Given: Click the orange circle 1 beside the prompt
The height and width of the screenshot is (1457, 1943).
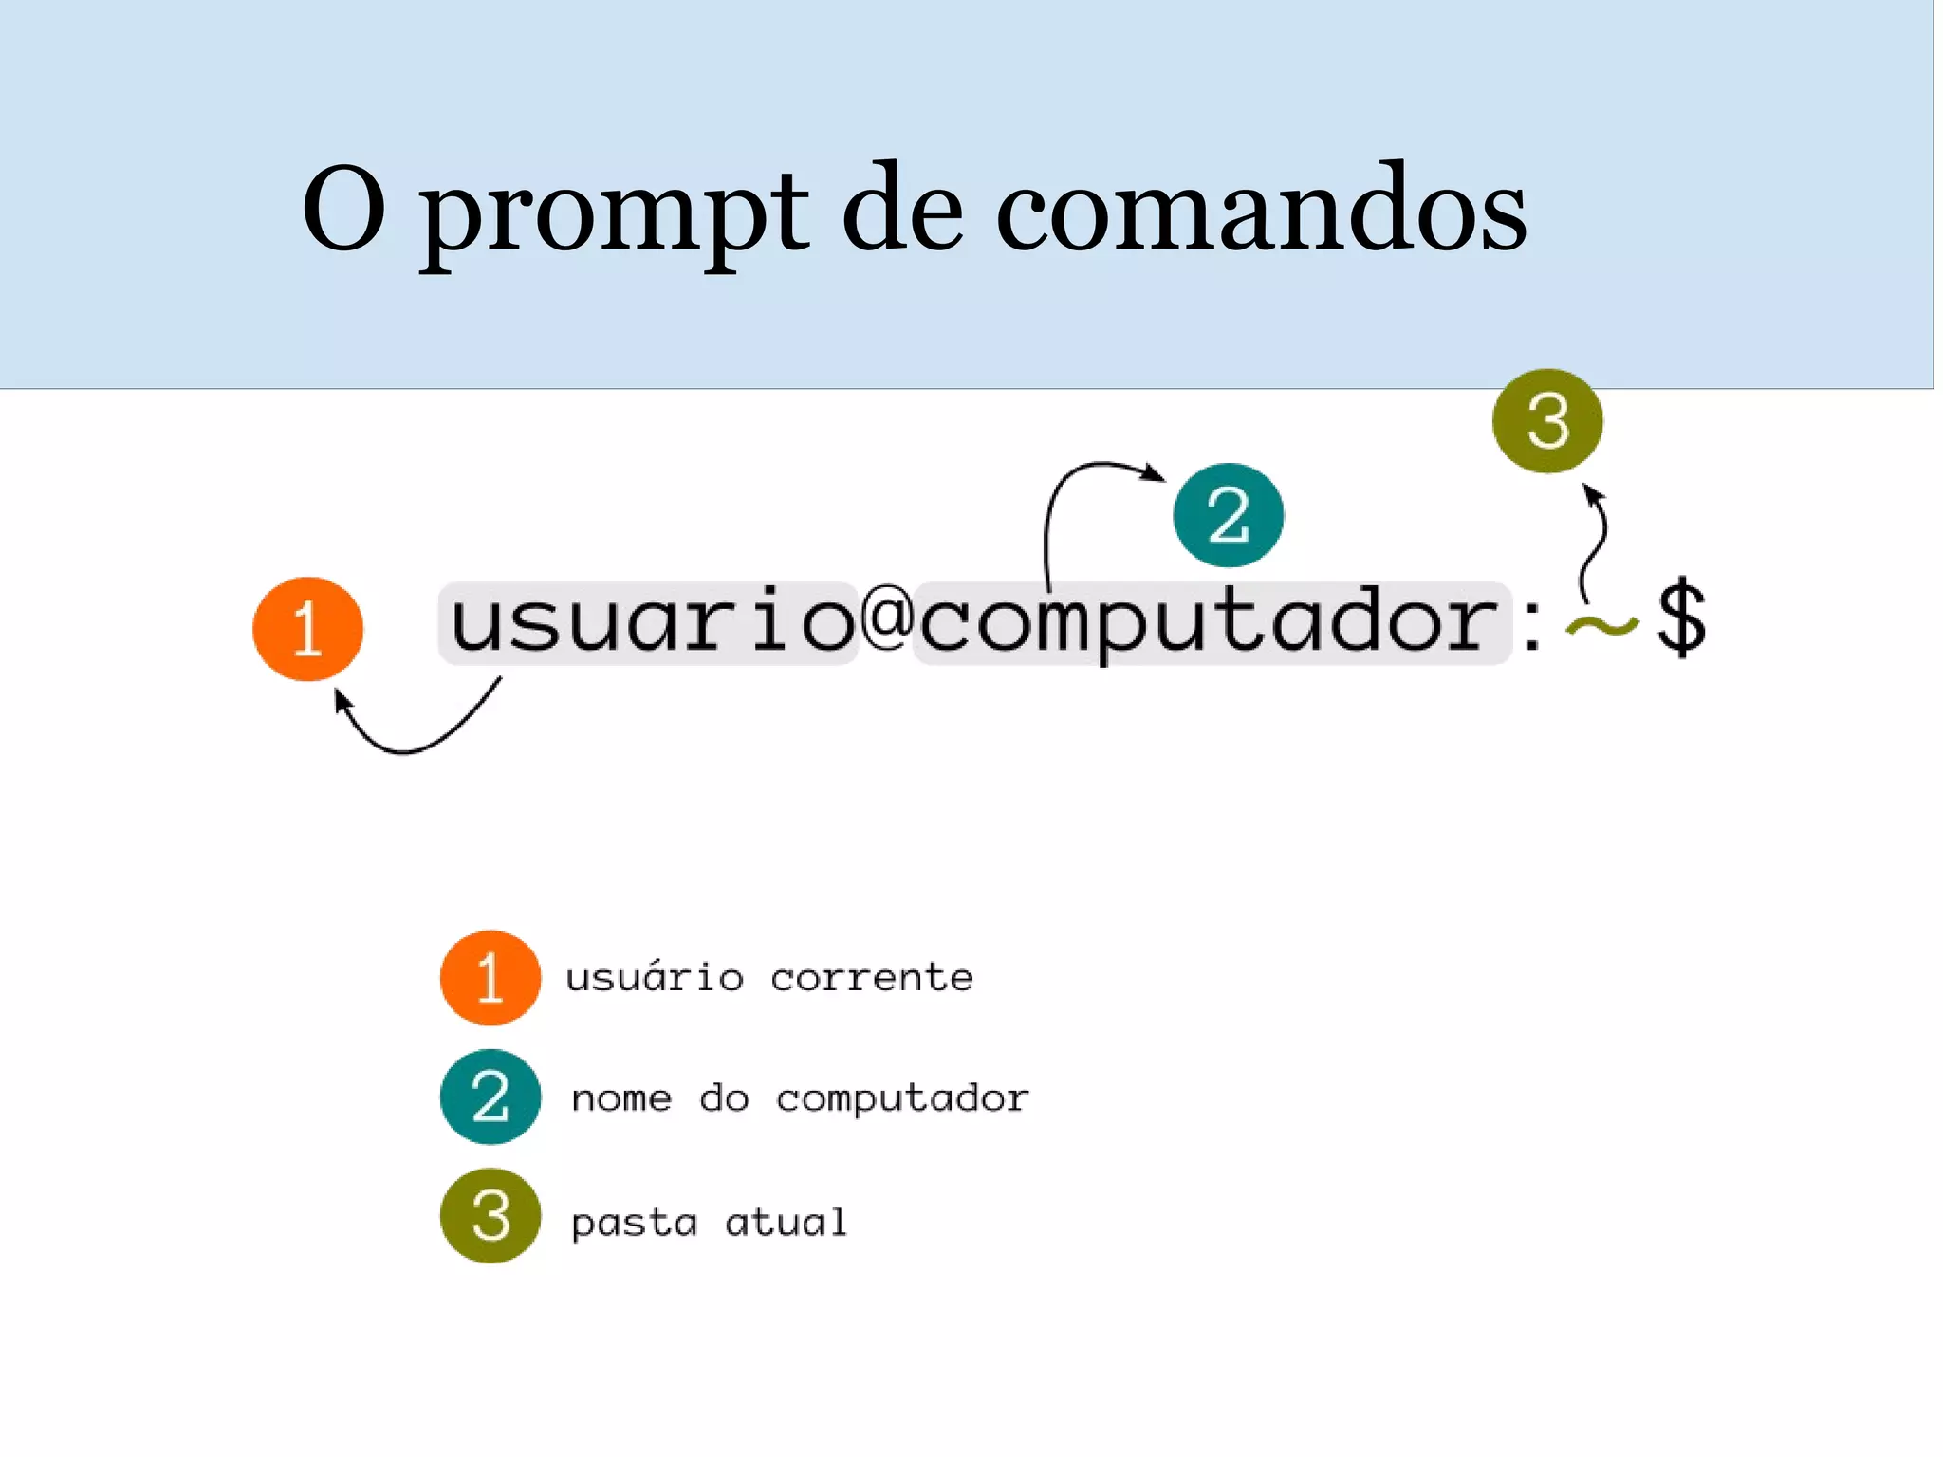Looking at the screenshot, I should [307, 629].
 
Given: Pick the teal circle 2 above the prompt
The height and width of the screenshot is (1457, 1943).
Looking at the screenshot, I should [1228, 515].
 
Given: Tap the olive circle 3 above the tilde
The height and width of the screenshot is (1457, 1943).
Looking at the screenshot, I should [1547, 420].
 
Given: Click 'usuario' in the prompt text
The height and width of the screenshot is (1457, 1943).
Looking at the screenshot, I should [651, 621].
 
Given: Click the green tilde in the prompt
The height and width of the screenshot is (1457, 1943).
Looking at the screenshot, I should [1601, 626].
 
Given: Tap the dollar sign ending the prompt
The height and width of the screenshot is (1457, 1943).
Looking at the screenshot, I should [1681, 618].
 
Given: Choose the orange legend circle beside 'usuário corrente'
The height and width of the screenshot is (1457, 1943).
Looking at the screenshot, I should [490, 977].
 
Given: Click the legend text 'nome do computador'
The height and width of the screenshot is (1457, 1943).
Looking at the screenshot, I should [800, 1098].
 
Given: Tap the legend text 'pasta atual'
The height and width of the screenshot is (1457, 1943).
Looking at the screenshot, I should [709, 1222].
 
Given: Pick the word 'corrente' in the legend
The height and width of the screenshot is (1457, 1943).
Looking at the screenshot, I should [871, 977].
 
